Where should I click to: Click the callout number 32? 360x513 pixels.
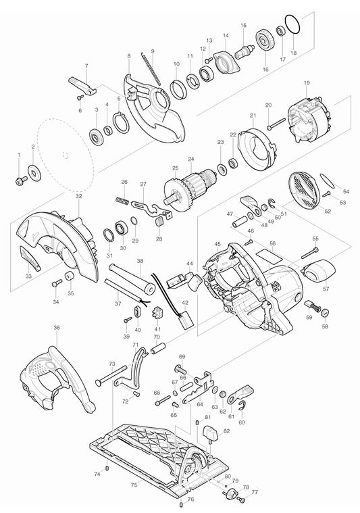click(79, 196)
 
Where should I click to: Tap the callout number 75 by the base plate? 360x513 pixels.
click(134, 485)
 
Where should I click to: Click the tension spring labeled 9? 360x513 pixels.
click(153, 70)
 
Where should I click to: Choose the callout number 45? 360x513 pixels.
click(217, 244)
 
